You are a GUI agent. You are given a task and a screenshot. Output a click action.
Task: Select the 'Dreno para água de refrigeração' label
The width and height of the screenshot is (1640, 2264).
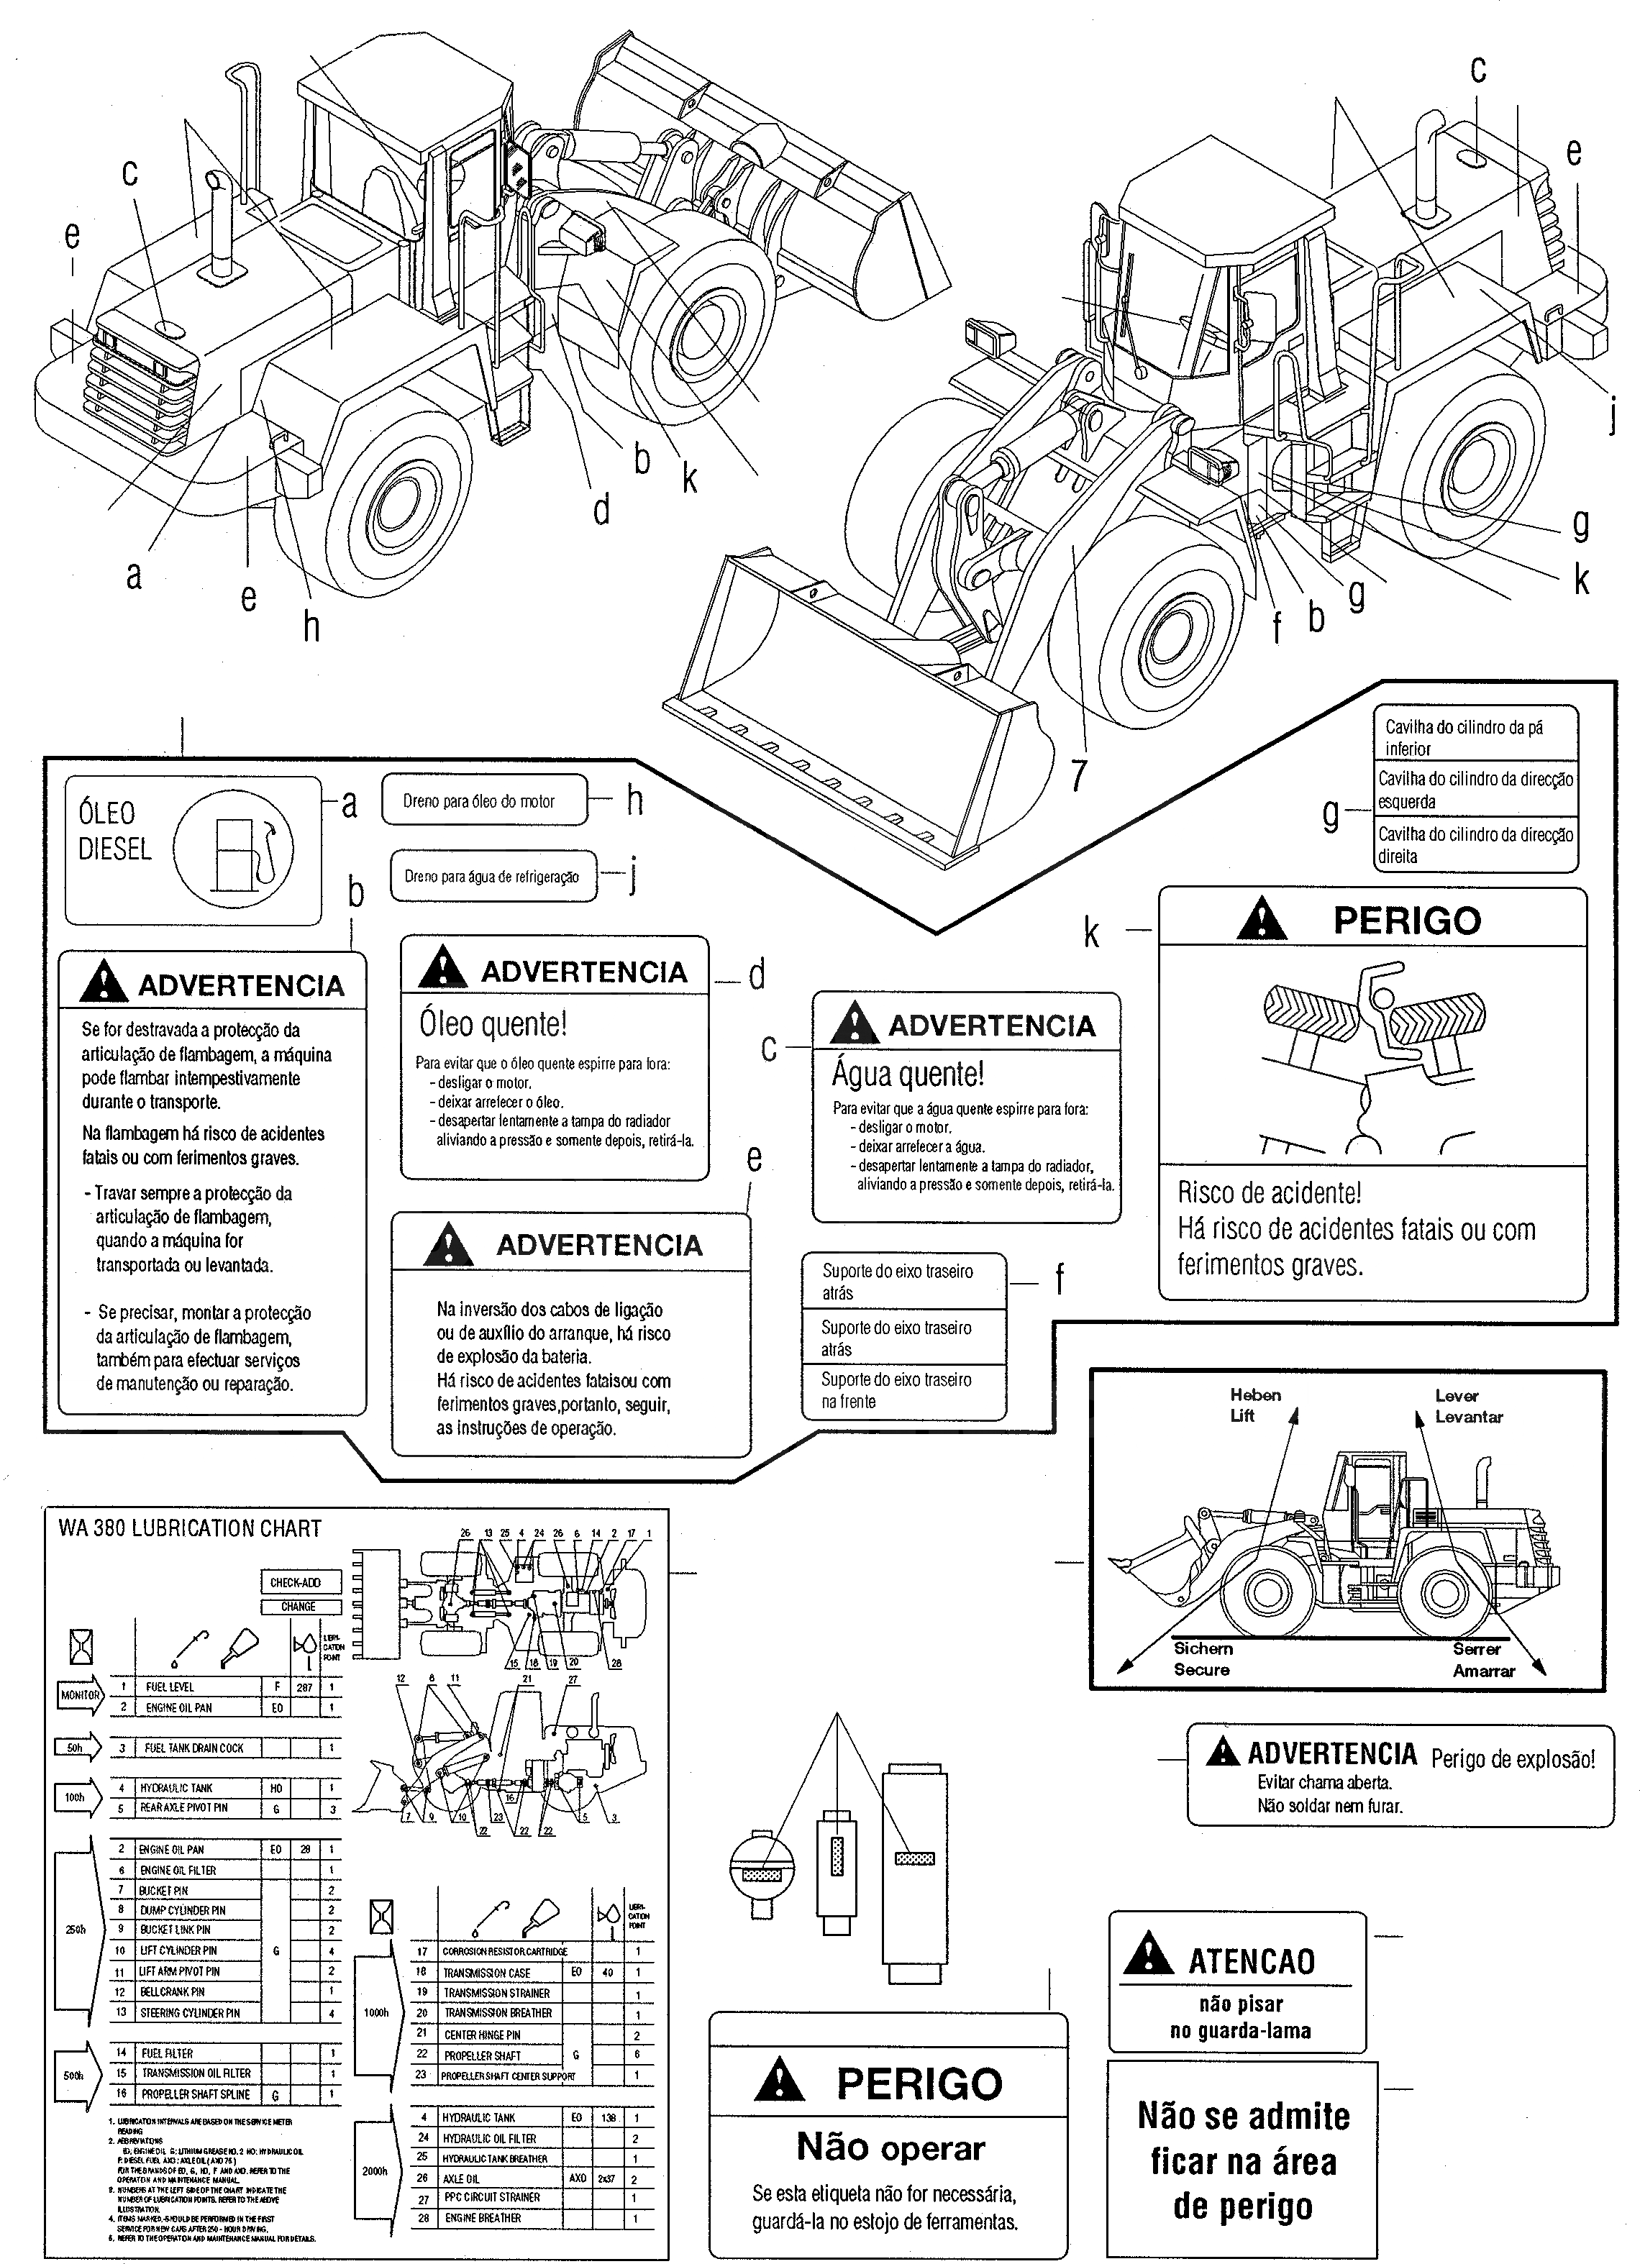pos(491,877)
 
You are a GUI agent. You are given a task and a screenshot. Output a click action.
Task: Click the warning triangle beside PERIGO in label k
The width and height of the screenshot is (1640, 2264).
pos(1261,919)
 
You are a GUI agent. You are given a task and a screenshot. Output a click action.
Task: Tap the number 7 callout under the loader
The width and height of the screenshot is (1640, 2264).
pos(1077,775)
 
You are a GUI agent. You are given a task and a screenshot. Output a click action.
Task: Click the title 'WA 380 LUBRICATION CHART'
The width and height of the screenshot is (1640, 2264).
pos(190,1528)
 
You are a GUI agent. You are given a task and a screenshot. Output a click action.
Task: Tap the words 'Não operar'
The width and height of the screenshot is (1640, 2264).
pos(890,2147)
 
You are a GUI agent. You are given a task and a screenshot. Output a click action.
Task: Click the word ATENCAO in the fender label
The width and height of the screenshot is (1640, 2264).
pos(1251,1961)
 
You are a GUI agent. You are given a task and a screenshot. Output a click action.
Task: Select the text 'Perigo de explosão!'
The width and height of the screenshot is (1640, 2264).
pos(1512,1759)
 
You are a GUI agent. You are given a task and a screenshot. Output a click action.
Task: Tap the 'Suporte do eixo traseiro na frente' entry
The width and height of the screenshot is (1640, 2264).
pos(896,1390)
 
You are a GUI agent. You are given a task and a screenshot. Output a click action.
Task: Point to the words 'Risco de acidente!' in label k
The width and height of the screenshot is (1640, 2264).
pos(1269,1193)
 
